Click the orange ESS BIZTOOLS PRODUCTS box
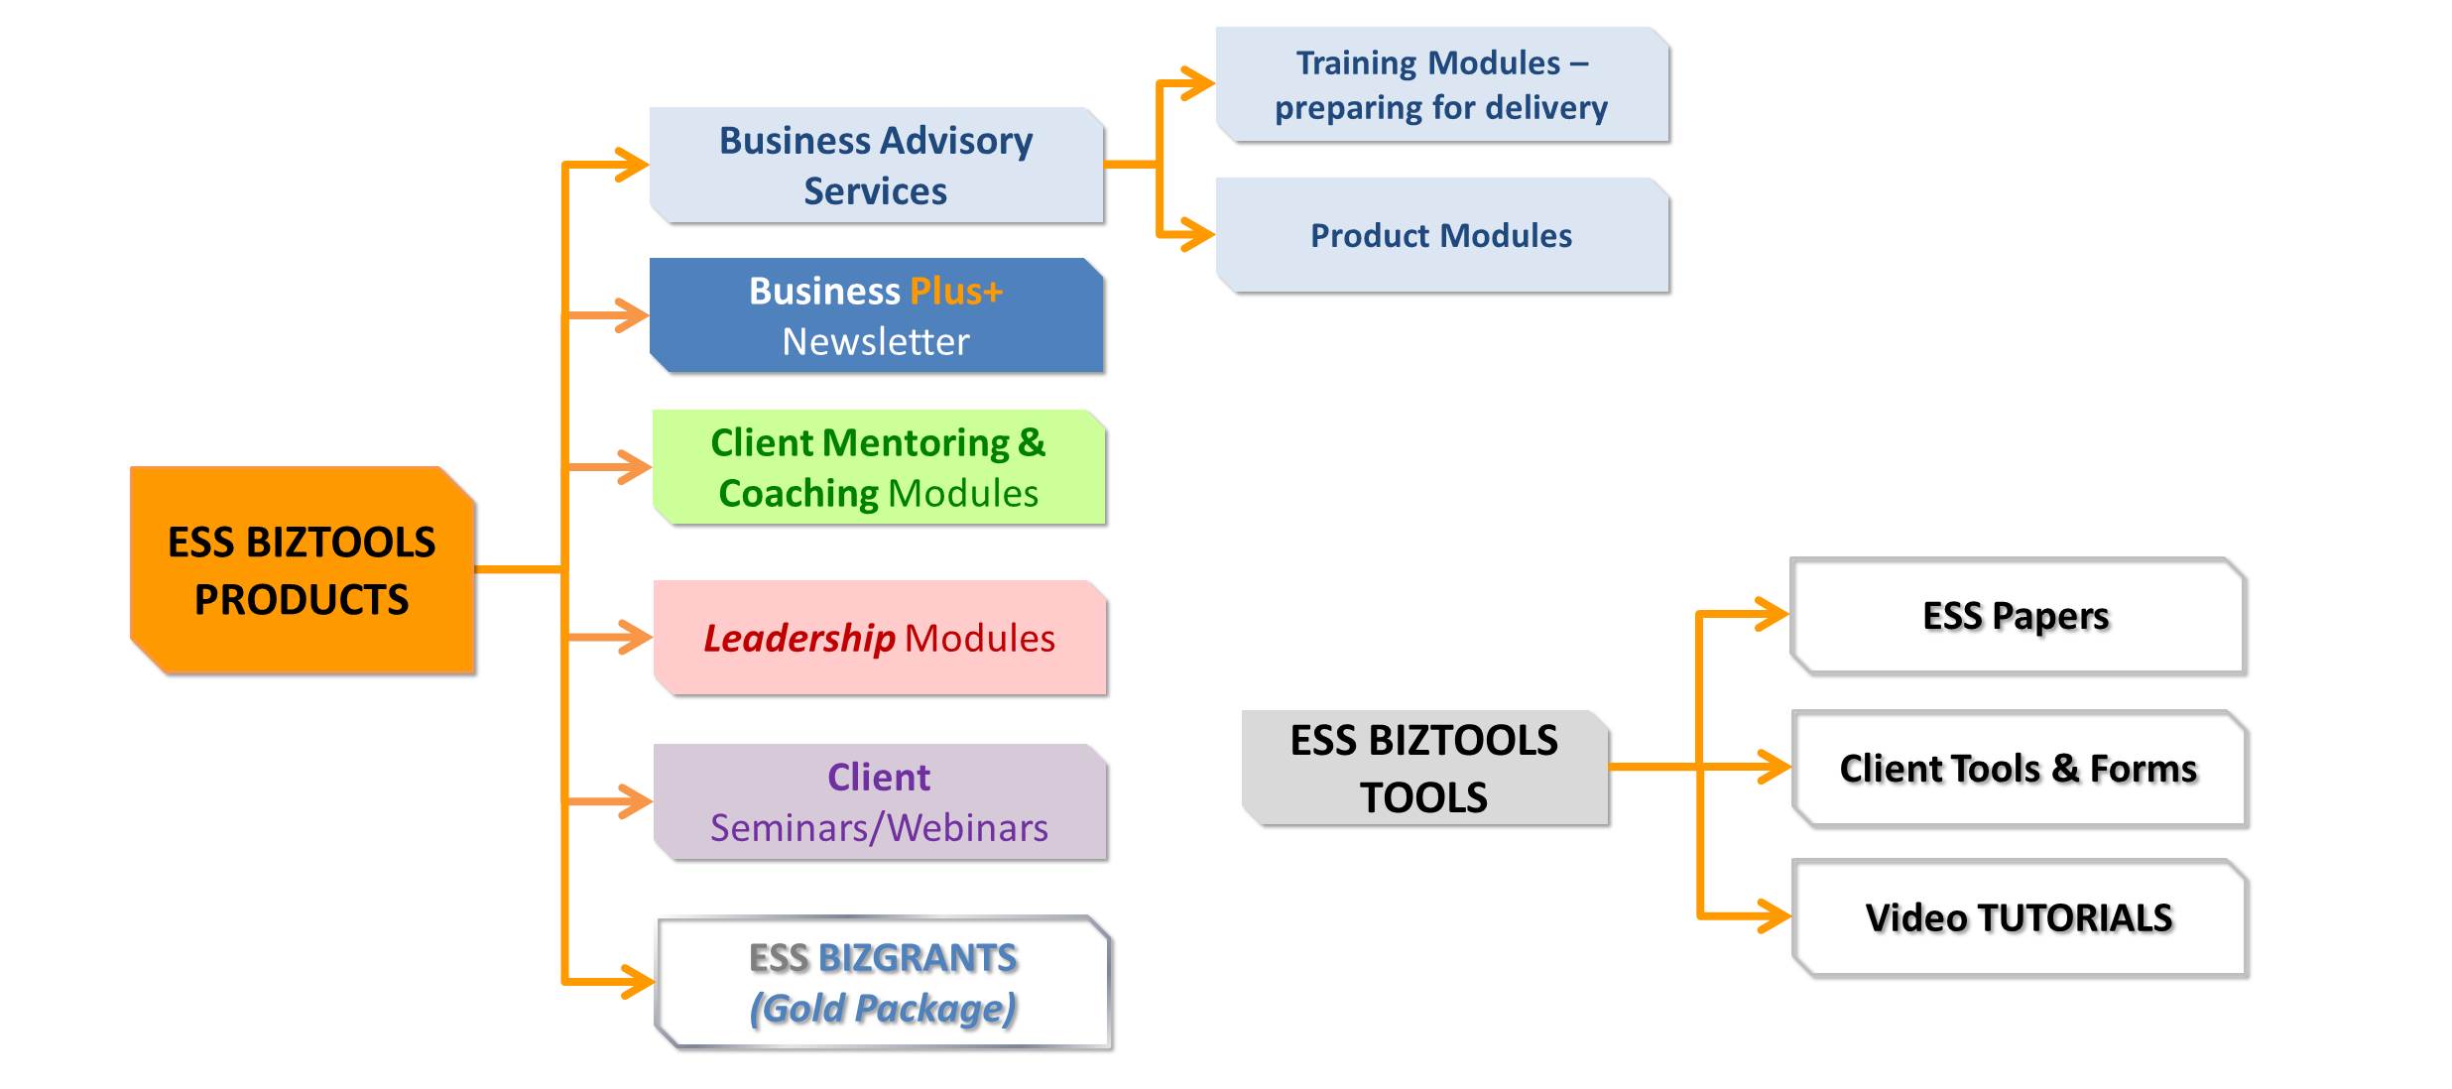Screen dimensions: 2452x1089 click(x=303, y=570)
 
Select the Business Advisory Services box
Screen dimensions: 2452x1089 click(x=877, y=166)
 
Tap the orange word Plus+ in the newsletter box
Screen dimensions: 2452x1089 click(x=956, y=292)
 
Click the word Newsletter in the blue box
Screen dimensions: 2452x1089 click(x=876, y=342)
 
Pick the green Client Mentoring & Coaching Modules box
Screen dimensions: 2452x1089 click(x=879, y=467)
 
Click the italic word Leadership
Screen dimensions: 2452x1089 click(x=799, y=639)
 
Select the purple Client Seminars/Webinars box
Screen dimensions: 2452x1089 click(x=880, y=801)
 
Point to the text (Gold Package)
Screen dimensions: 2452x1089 click(x=883, y=1009)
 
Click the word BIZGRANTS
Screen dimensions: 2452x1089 click(x=918, y=958)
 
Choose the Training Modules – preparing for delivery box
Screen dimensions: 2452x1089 click(x=1443, y=85)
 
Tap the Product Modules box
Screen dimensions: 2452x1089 click(x=1443, y=236)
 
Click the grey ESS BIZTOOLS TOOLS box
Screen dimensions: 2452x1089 click(x=1425, y=769)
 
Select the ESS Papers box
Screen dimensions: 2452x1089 click(x=2018, y=617)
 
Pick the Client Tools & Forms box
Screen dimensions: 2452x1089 click(x=2020, y=769)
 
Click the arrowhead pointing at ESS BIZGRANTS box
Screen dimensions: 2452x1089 click(x=636, y=982)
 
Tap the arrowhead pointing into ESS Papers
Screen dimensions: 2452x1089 click(x=1772, y=614)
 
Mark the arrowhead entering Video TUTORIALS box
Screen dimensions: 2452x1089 click(x=1774, y=915)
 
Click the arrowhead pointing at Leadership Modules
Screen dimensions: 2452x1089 click(x=634, y=637)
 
